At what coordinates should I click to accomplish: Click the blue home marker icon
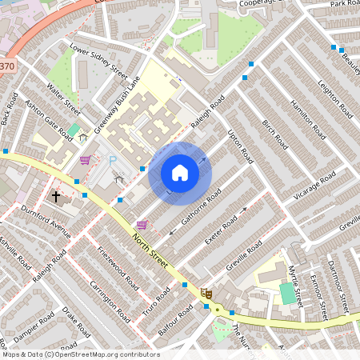pos(180,172)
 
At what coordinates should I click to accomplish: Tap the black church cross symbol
pos(57,195)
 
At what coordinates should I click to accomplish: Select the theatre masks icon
pos(206,293)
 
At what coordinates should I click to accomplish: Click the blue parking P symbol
pos(113,161)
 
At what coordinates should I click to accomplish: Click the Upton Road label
pos(239,144)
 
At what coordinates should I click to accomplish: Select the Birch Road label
pos(274,134)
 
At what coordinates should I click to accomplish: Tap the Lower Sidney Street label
pos(99,61)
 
